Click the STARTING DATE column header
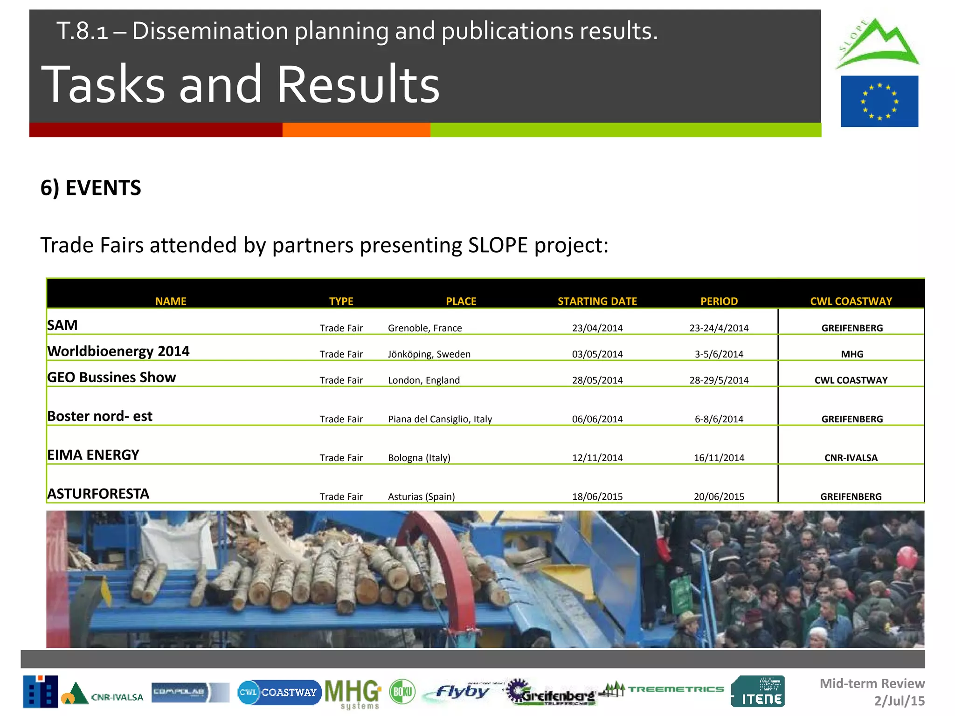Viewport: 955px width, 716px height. pos(597,301)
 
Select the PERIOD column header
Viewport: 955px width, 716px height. pos(719,301)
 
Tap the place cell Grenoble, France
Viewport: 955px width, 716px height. pos(425,328)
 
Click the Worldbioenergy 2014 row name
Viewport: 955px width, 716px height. pos(118,351)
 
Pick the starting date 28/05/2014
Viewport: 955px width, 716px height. pos(597,380)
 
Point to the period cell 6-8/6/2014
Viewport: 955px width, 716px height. pos(719,419)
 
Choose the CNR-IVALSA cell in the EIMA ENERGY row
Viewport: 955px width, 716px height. pos(851,458)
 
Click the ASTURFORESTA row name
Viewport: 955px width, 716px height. pos(98,494)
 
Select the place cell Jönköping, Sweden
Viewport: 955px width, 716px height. pos(429,354)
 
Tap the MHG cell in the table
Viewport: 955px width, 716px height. pos(852,354)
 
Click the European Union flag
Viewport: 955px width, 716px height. pos(879,101)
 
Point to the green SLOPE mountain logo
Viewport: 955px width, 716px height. pos(877,44)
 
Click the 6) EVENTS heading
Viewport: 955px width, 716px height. pos(91,188)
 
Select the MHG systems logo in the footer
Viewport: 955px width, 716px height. pos(353,693)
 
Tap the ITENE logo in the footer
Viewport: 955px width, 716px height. pos(758,692)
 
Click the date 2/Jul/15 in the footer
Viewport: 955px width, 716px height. pos(899,701)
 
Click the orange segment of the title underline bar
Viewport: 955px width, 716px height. pos(356,130)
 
